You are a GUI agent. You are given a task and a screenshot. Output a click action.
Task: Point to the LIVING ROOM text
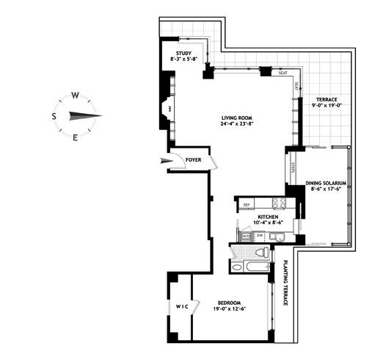(x=237, y=118)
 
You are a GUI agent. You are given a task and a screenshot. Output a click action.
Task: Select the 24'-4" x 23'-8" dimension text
(x=237, y=124)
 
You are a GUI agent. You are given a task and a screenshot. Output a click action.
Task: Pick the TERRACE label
(x=326, y=99)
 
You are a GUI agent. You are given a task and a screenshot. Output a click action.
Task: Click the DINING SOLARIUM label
(x=325, y=183)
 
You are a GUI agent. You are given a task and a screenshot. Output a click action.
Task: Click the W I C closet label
(x=181, y=306)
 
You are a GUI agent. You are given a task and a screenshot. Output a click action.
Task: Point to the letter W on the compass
(x=75, y=96)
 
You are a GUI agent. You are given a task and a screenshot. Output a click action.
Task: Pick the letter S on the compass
(x=54, y=116)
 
